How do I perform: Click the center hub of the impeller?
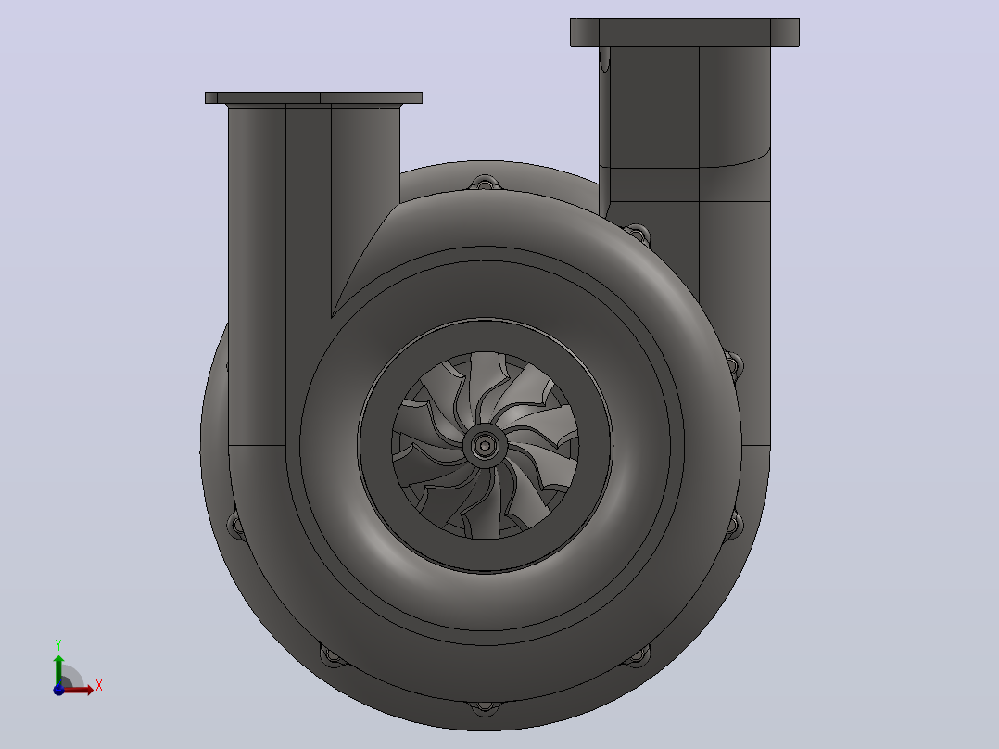[485, 445]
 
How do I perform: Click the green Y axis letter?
[58, 645]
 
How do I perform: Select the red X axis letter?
[99, 686]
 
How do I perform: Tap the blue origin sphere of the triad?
[58, 690]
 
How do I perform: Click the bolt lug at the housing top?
[485, 183]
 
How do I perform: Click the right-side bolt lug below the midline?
[734, 526]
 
